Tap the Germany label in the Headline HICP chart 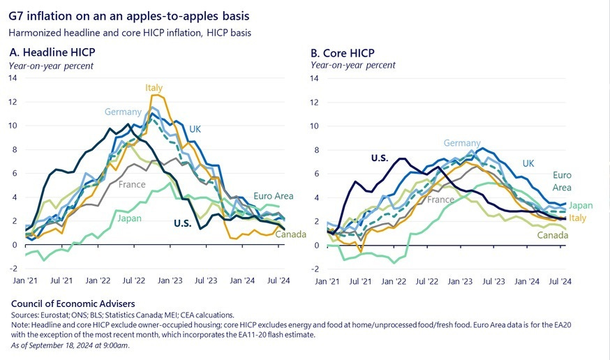click(x=123, y=112)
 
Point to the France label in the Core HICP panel click(x=441, y=200)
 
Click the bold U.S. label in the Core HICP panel click(x=380, y=158)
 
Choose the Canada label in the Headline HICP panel click(x=290, y=234)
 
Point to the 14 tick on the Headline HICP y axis click(x=13, y=78)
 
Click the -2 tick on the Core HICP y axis click(x=315, y=269)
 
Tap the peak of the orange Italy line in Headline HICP click(x=158, y=95)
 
